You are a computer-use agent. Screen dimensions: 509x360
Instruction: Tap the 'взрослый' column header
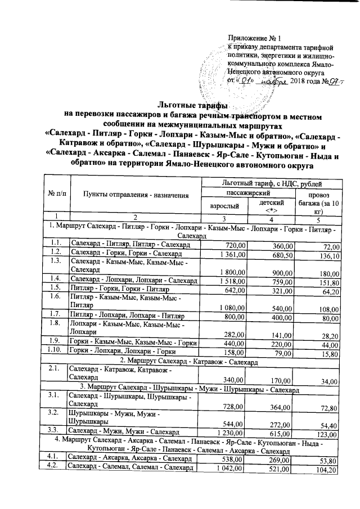[x=224, y=206]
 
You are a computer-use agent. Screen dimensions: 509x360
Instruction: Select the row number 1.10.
[x=55, y=352]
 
